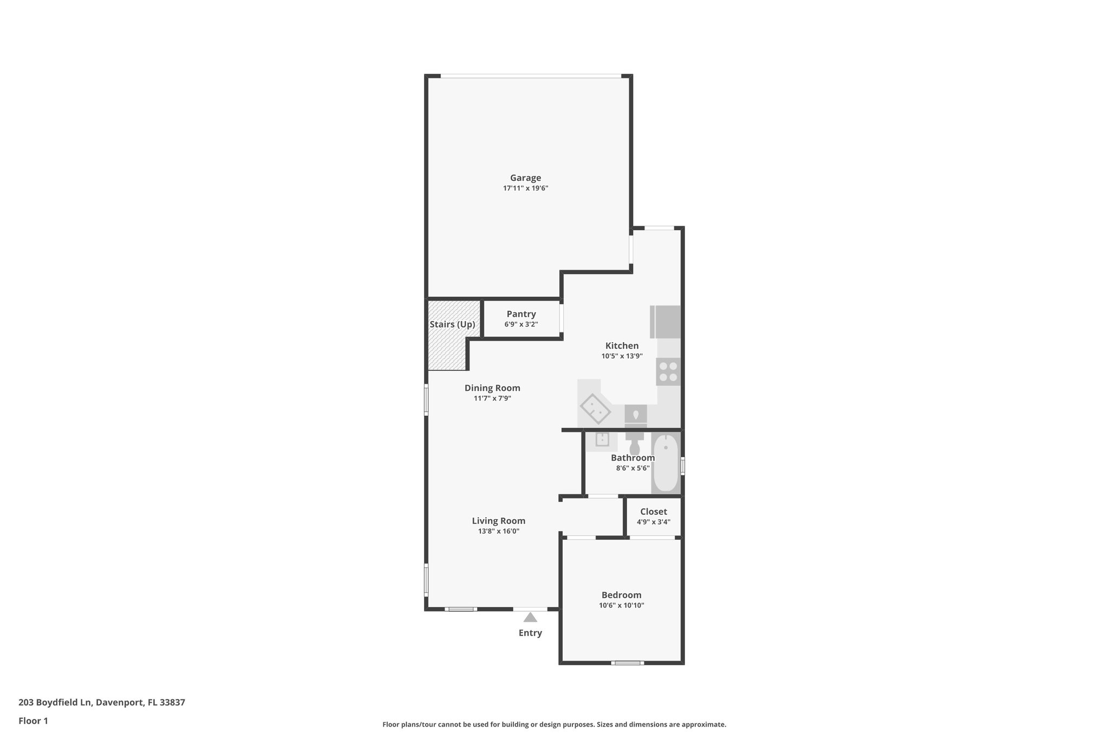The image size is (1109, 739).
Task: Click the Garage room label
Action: click(525, 178)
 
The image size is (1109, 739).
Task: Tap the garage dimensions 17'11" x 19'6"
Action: click(525, 188)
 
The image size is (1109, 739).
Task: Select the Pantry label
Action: click(521, 314)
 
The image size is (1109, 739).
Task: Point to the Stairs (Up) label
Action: click(452, 324)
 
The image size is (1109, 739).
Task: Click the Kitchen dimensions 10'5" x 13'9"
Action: click(622, 356)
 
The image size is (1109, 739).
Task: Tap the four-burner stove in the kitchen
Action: click(668, 371)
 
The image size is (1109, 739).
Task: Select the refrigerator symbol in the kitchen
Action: click(666, 322)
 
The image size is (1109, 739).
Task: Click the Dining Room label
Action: click(492, 388)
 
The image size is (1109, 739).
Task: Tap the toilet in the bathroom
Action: click(635, 443)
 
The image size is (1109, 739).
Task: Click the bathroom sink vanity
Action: click(602, 440)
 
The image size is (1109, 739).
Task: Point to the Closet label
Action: click(653, 512)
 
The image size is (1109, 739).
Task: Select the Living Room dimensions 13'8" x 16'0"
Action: click(498, 531)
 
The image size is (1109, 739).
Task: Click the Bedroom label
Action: click(621, 595)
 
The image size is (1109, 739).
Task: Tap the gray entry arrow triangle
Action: click(530, 617)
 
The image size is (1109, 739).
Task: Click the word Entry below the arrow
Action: click(530, 633)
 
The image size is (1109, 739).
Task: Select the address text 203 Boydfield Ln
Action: click(55, 703)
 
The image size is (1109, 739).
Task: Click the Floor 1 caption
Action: click(33, 721)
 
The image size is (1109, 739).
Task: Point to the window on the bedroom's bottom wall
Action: click(628, 663)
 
